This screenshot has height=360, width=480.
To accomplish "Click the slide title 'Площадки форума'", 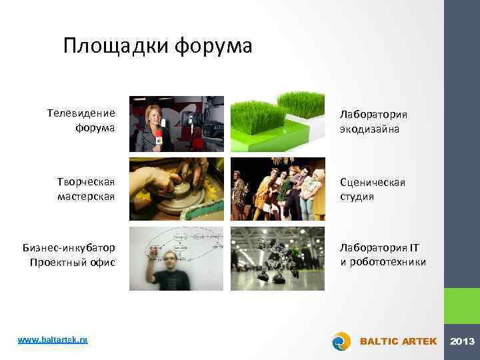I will (x=158, y=46).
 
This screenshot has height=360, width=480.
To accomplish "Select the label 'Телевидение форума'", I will (x=81, y=120).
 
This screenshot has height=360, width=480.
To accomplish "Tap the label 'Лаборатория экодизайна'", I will (x=373, y=121).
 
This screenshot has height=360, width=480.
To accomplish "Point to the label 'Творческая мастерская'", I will (x=85, y=189).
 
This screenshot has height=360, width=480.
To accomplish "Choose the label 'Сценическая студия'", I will (x=372, y=189).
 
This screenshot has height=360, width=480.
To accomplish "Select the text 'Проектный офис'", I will (x=73, y=262).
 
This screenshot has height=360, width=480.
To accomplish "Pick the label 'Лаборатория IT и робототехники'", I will (x=383, y=255).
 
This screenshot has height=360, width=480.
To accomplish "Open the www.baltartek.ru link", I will (x=53, y=340).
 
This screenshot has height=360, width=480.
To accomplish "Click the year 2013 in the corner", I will (x=462, y=341).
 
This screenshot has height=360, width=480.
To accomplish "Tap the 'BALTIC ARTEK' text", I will (x=398, y=341).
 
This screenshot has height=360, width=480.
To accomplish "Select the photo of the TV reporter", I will (x=177, y=124).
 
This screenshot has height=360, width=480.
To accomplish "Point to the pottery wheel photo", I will (x=177, y=189).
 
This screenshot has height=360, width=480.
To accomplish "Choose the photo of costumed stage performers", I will (x=277, y=189).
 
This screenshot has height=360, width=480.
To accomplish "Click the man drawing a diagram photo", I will (x=177, y=259).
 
